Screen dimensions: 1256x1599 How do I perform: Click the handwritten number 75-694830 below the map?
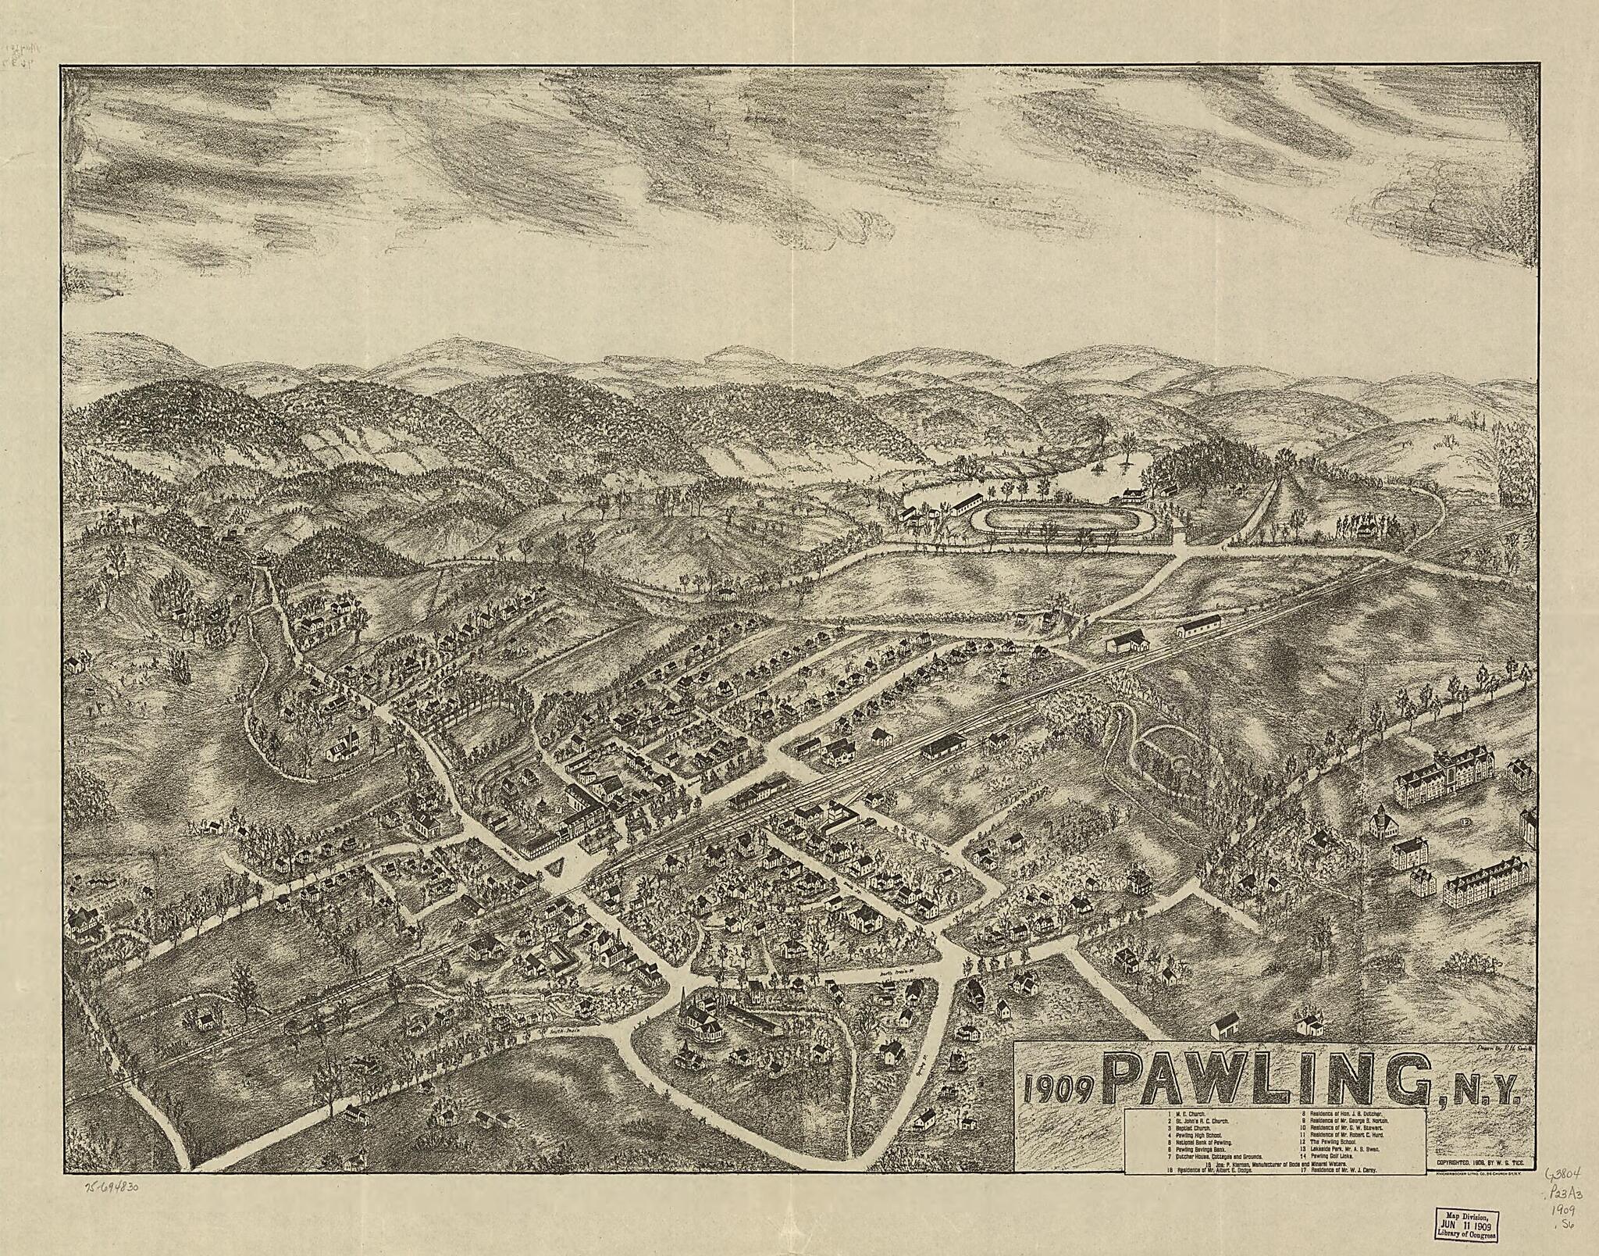(110, 1186)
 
